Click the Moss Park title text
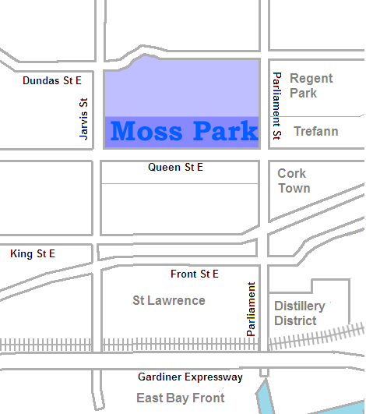(184, 131)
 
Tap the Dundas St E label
(52, 80)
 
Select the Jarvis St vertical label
(84, 119)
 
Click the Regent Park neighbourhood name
(311, 86)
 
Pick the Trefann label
(315, 131)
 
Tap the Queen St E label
(175, 168)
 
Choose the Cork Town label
(294, 181)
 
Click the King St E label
(33, 254)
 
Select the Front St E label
(195, 274)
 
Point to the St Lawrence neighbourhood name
(169, 300)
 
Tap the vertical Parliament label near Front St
(252, 309)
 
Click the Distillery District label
(300, 313)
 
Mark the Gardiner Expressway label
(190, 377)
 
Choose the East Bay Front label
(181, 398)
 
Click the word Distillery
(300, 306)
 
